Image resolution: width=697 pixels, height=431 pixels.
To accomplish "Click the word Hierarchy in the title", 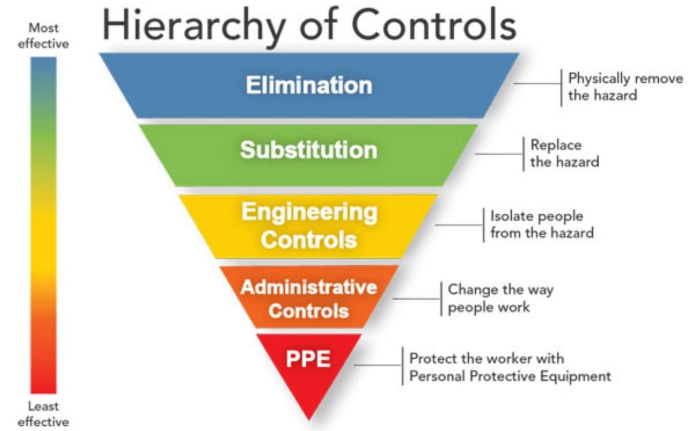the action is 193,27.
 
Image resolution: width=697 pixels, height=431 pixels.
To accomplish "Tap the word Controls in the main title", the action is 434,25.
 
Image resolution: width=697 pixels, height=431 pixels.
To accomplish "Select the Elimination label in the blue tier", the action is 309,85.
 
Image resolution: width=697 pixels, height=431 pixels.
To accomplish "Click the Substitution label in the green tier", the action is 309,150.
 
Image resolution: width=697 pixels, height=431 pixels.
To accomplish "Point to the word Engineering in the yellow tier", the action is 309,213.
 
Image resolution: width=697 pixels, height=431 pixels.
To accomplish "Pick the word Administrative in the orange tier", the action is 309,287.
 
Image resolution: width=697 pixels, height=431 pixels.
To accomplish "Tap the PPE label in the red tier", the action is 308,359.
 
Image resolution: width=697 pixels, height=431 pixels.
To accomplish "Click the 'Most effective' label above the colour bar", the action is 43,36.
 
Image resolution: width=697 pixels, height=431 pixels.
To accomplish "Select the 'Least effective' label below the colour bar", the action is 43,414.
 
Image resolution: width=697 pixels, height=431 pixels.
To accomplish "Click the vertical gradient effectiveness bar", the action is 43,225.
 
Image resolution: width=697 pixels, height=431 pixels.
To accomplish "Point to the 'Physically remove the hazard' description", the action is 625,86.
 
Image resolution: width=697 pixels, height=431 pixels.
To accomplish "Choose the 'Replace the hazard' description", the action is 564,153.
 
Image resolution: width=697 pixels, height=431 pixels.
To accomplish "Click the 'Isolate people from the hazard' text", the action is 542,225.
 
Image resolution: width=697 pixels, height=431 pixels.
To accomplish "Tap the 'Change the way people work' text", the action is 501,298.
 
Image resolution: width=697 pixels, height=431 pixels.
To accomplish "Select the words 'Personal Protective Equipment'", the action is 510,376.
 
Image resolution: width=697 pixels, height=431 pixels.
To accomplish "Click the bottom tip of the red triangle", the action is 309,420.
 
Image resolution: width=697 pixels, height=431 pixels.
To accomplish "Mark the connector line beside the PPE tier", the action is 378,365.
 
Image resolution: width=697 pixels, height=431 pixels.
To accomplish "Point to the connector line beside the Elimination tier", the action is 537,83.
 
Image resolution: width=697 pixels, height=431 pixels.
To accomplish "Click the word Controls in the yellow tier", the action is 309,240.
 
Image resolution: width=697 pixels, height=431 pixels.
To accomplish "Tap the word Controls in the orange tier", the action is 309,311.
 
